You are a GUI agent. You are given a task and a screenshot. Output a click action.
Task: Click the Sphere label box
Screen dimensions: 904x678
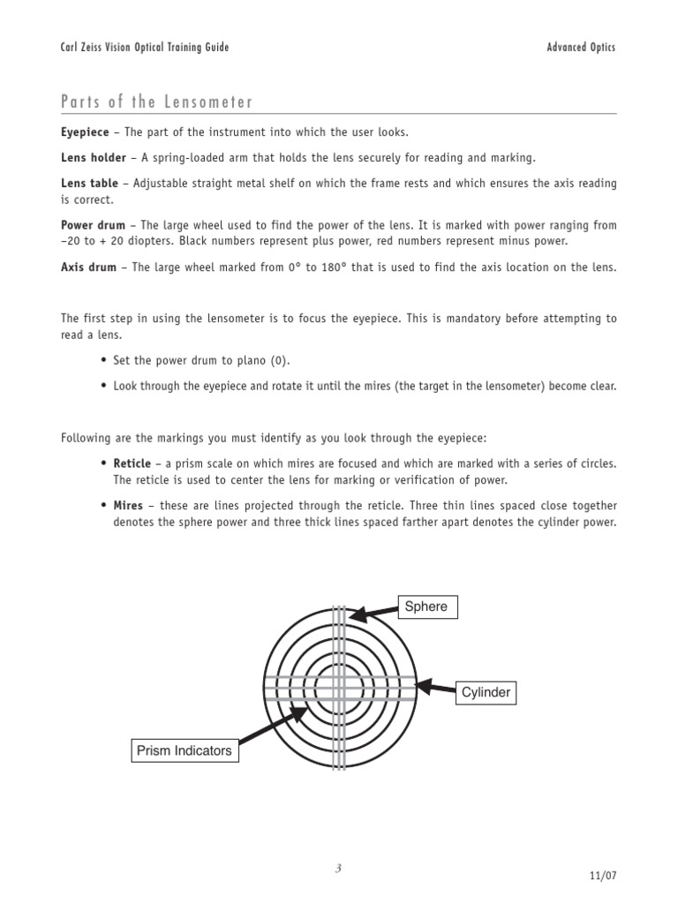(x=427, y=606)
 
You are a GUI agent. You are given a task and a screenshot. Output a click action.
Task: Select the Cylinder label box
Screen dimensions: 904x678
(x=486, y=693)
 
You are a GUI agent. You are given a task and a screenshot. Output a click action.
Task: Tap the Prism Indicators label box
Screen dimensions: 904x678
(x=185, y=751)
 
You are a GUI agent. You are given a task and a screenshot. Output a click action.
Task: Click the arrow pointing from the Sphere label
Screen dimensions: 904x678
(x=374, y=611)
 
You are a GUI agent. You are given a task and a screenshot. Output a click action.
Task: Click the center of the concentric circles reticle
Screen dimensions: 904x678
(x=340, y=686)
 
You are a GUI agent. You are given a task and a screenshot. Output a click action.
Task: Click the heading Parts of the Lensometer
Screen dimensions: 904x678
(x=156, y=102)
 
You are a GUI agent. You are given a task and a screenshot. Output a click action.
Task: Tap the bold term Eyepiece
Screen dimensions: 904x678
(x=85, y=132)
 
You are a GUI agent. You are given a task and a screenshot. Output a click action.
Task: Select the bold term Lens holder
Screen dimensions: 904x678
(x=92, y=158)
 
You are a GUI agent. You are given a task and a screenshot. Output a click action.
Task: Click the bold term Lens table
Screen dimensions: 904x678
(x=88, y=184)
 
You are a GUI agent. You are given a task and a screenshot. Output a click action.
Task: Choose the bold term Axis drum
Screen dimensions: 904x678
(x=88, y=267)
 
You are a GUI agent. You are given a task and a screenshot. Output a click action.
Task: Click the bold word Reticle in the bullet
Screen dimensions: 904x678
(x=132, y=463)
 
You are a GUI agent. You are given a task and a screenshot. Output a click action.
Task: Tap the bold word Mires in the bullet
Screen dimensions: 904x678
(x=128, y=506)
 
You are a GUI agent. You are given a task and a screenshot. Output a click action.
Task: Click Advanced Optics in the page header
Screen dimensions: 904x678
(x=581, y=48)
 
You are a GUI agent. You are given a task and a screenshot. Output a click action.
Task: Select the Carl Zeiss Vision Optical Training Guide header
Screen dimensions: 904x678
(x=144, y=48)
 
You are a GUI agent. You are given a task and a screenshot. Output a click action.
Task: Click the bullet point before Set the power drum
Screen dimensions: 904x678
(x=104, y=362)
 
